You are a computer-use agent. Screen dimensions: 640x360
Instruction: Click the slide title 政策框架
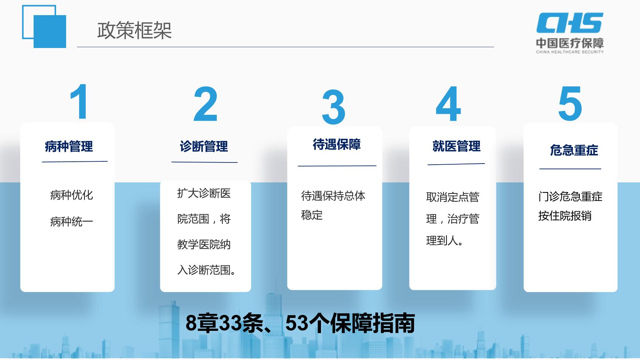(134, 30)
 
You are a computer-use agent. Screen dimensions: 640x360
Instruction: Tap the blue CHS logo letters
(570, 23)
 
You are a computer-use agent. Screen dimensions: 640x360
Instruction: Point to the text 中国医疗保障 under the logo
(570, 43)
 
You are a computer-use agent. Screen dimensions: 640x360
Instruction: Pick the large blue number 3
(333, 107)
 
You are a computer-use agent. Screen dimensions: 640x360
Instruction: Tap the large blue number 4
(448, 104)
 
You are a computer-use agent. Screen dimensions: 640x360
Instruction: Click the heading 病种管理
(69, 147)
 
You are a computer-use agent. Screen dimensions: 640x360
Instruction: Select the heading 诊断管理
(204, 147)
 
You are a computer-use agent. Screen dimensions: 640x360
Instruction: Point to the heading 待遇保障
(337, 144)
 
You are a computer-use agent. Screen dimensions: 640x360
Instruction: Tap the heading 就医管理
(456, 146)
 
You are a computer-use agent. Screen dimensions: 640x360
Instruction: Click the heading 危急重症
(574, 150)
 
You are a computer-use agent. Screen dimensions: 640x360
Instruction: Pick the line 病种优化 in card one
(71, 195)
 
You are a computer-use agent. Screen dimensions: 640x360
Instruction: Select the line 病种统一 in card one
(71, 222)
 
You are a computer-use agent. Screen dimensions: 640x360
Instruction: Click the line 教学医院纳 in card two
(204, 244)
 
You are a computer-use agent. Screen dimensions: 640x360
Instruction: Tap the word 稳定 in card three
(312, 215)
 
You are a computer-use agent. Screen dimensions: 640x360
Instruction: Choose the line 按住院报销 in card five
(565, 216)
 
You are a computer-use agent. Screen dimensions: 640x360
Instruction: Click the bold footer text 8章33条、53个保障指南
(300, 323)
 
